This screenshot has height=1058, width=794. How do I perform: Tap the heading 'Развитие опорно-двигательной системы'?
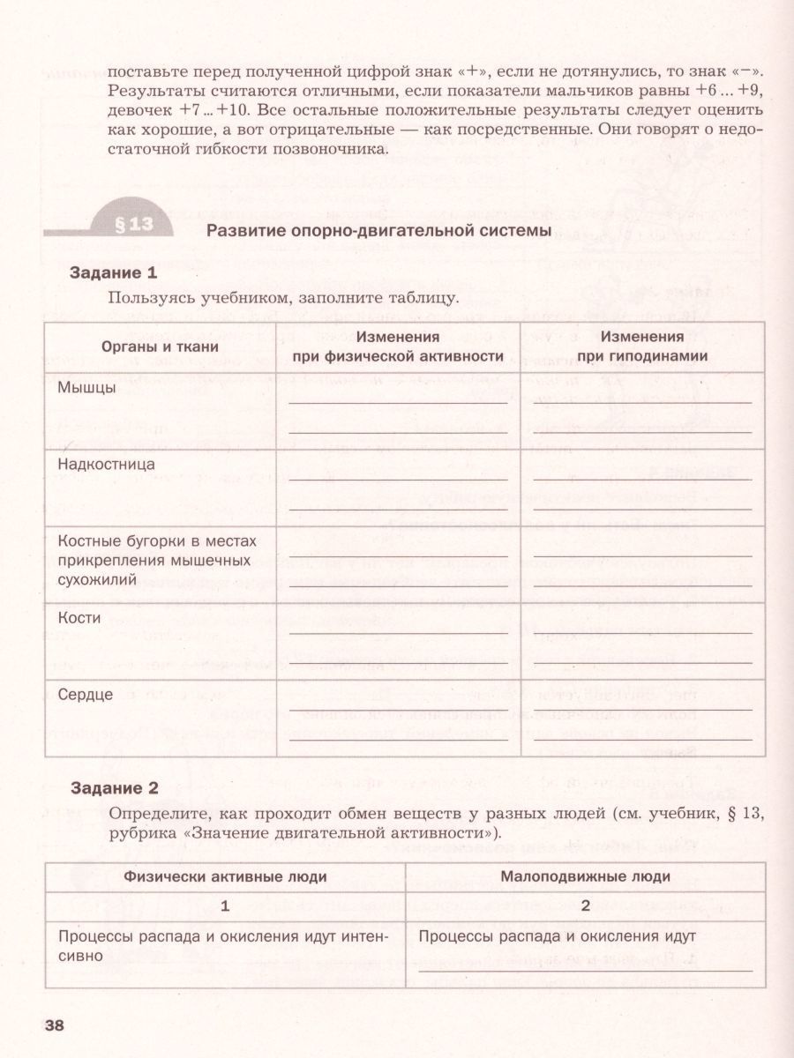pyautogui.click(x=378, y=232)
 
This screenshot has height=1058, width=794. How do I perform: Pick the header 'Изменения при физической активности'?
pyautogui.click(x=398, y=346)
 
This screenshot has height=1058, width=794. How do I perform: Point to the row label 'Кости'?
pyautogui.click(x=79, y=618)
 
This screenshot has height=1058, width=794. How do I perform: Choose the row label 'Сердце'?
pyautogui.click(x=85, y=695)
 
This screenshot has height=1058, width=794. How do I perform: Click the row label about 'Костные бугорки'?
pyautogui.click(x=150, y=559)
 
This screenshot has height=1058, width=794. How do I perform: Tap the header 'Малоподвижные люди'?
pyautogui.click(x=585, y=876)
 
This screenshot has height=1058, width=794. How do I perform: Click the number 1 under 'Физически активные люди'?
pyautogui.click(x=225, y=905)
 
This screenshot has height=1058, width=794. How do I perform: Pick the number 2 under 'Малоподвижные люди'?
pyautogui.click(x=585, y=905)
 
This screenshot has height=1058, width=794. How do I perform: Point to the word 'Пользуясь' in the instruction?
pyautogui.click(x=146, y=297)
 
